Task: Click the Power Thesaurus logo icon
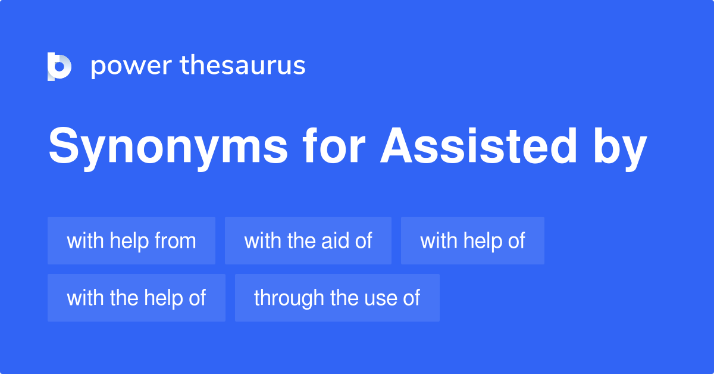(x=59, y=66)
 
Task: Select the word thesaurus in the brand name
(x=243, y=66)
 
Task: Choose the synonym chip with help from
(x=131, y=241)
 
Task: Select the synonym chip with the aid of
(x=308, y=241)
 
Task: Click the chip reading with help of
(x=472, y=241)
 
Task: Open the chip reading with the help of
(x=136, y=298)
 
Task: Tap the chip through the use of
(x=337, y=298)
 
